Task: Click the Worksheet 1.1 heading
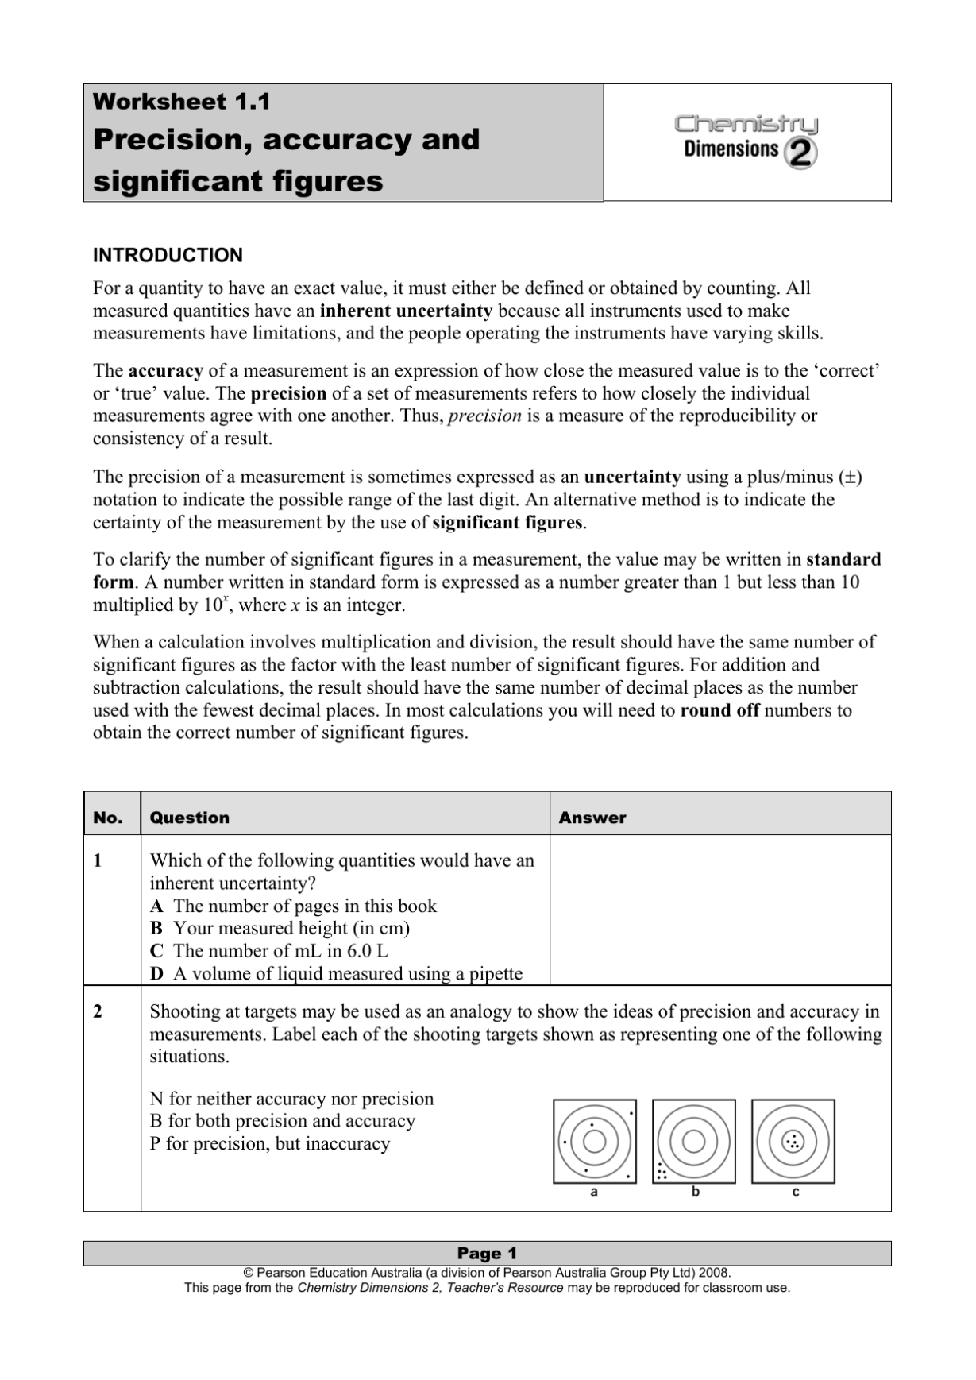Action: [181, 102]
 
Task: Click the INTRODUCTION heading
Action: [168, 255]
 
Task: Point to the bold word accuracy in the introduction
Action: [165, 371]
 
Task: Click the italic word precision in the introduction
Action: [484, 416]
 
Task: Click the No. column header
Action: [108, 818]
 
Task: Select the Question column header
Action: [189, 818]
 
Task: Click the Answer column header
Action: [592, 818]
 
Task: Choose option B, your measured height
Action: [280, 928]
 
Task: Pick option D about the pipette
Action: [336, 973]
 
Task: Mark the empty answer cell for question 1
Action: [719, 910]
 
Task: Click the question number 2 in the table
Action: [98, 1011]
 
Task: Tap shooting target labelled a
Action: [594, 1142]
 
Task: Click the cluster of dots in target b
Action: [661, 1172]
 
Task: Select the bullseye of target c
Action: [793, 1142]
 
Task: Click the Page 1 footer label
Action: [487, 1253]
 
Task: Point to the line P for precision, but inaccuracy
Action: [269, 1143]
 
